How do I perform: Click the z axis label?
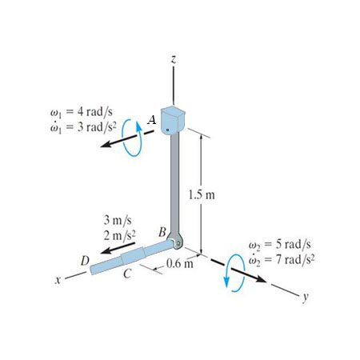(x=174, y=59)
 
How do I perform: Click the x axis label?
(x=57, y=279)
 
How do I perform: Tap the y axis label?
(x=306, y=297)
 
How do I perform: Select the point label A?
(x=152, y=120)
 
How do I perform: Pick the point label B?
(x=162, y=232)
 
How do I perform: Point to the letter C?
(x=128, y=274)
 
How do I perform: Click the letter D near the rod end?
(x=85, y=261)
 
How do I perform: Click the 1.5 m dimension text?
(x=202, y=195)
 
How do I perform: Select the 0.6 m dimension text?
(x=180, y=264)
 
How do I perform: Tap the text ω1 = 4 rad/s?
(x=81, y=112)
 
